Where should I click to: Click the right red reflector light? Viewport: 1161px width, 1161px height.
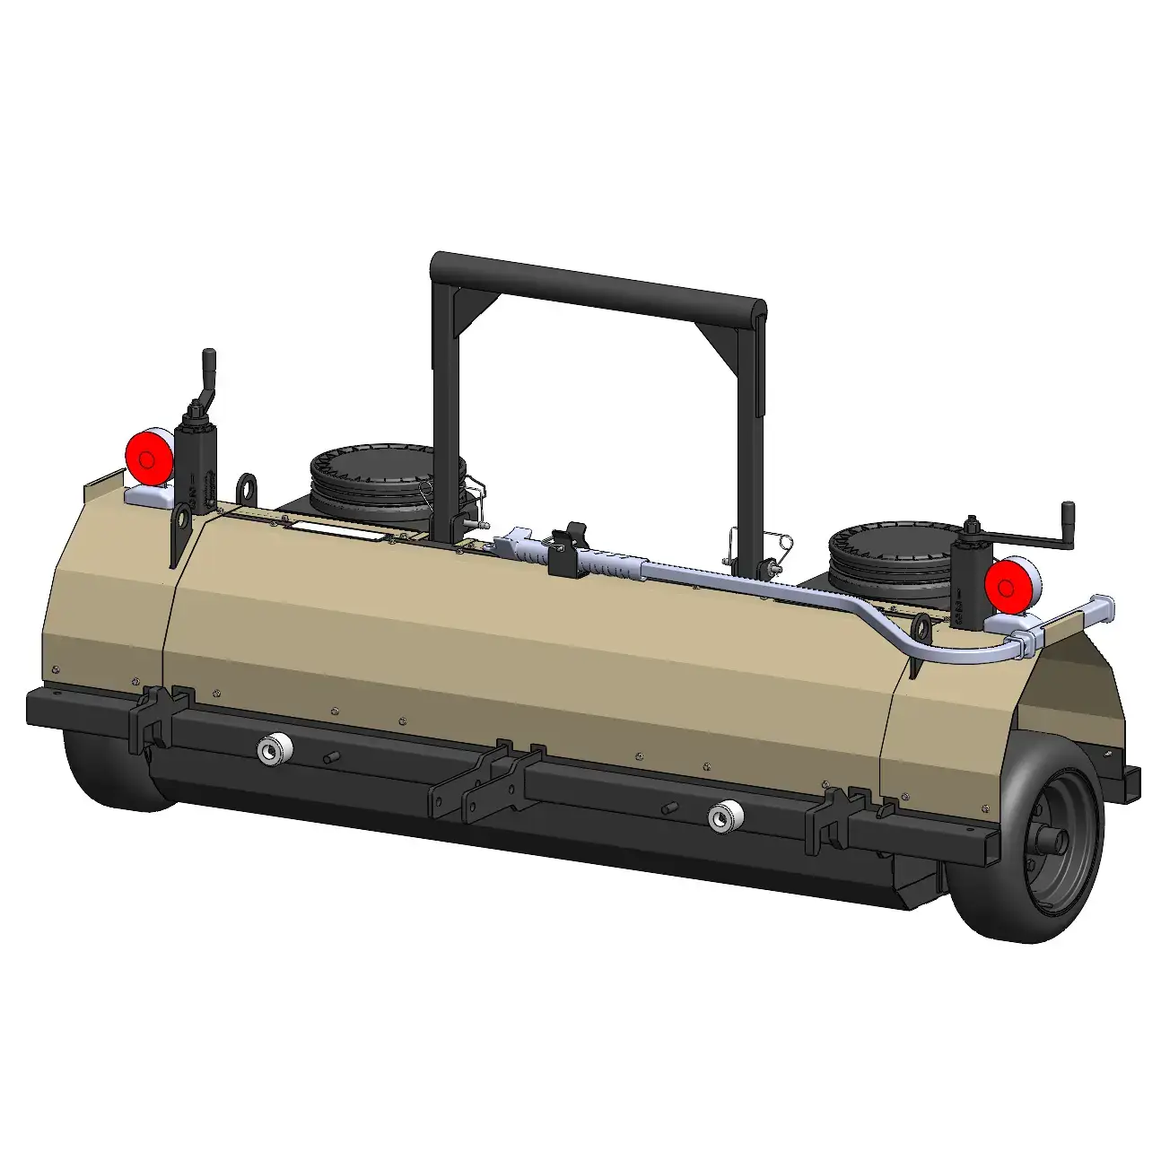pos(1007,586)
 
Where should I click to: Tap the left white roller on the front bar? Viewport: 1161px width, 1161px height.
pos(269,749)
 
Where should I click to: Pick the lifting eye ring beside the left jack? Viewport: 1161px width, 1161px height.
pos(247,489)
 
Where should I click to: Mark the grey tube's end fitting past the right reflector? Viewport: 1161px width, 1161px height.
pos(1102,607)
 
